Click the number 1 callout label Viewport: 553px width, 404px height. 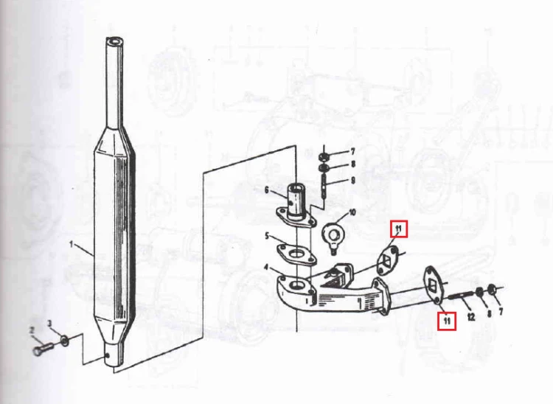tap(72, 244)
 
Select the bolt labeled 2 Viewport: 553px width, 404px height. tap(43, 349)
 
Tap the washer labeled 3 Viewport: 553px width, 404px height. tap(65, 341)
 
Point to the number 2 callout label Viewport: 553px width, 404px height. tap(32, 330)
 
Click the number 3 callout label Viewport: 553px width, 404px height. tap(49, 323)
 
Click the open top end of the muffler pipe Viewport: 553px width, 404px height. tap(114, 41)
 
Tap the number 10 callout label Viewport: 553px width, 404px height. tap(352, 212)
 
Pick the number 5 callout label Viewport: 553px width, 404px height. tap(268, 236)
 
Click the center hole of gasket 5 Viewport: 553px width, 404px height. tap(299, 254)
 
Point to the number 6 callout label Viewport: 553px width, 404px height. tap(267, 190)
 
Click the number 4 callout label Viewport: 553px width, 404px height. tap(267, 268)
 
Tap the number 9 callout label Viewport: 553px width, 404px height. tap(352, 181)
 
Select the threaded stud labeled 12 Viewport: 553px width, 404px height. tap(462, 295)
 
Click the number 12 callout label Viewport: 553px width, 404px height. tap(471, 317)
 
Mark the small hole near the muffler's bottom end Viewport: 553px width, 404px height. tap(107, 355)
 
